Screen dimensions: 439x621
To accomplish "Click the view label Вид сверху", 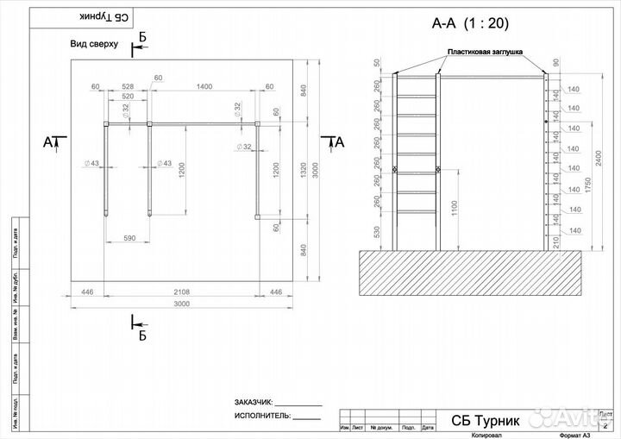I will pyautogui.click(x=94, y=43).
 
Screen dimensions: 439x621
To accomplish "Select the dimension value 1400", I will pyautogui.click(x=204, y=87).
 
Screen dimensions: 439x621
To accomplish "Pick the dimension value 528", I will pyautogui.click(x=127, y=87).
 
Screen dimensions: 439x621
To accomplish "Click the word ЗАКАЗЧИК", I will pyautogui.click(x=253, y=403).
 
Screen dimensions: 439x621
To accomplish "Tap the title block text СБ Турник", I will pyautogui.click(x=486, y=421).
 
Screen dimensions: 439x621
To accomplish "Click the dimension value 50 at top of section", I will pyautogui.click(x=377, y=63).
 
